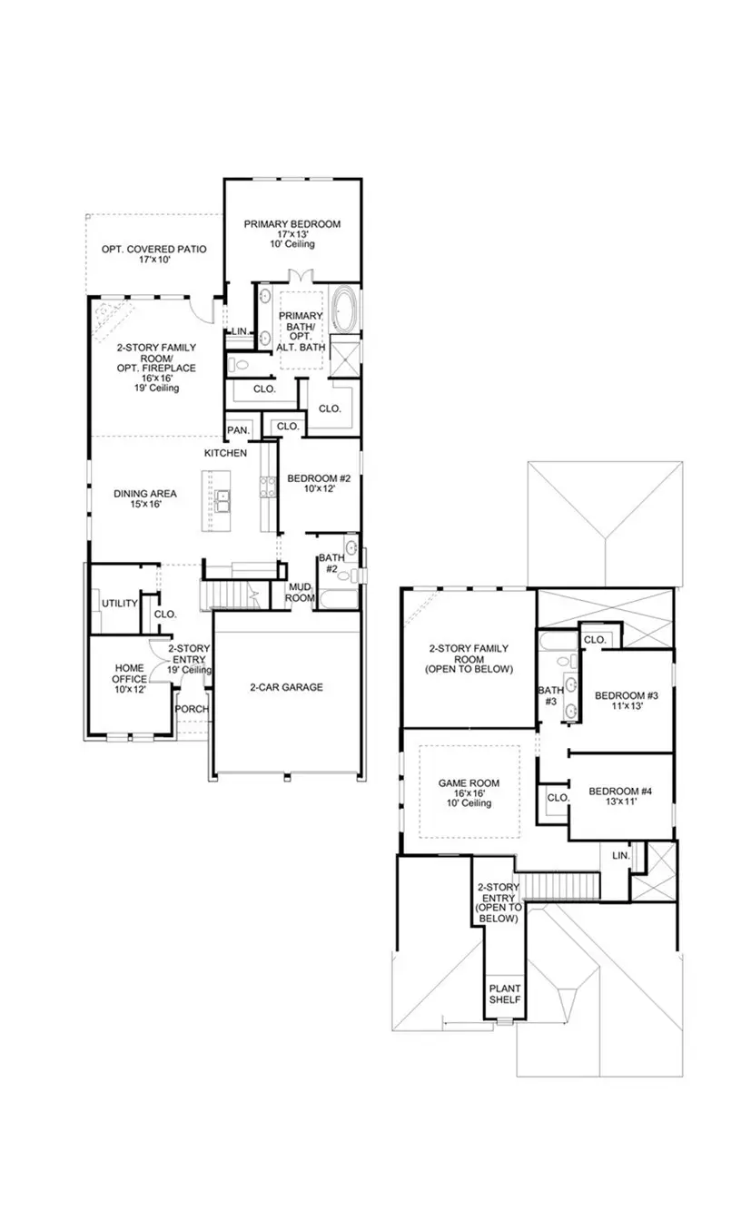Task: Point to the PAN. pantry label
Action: (x=239, y=429)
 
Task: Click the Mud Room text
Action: (x=300, y=592)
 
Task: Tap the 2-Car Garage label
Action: (x=286, y=687)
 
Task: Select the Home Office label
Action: (x=128, y=672)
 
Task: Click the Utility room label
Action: (x=119, y=603)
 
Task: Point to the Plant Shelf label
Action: (x=504, y=993)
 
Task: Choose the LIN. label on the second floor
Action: (x=620, y=855)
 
